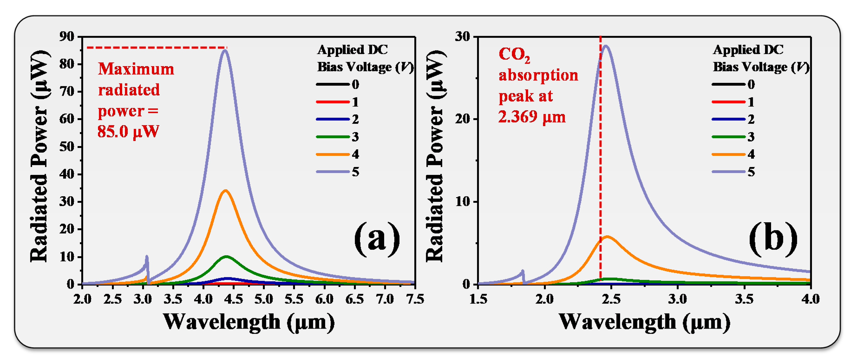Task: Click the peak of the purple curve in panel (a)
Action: [225, 50]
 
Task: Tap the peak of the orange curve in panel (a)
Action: [226, 190]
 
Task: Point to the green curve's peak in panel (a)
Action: [226, 256]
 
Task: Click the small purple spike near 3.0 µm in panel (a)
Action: [147, 257]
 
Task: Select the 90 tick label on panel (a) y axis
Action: [67, 36]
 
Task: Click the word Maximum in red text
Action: [136, 69]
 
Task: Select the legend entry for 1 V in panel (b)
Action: [733, 102]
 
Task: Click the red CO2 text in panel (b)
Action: [514, 55]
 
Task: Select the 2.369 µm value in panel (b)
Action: [532, 117]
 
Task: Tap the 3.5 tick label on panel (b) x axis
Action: [744, 299]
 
